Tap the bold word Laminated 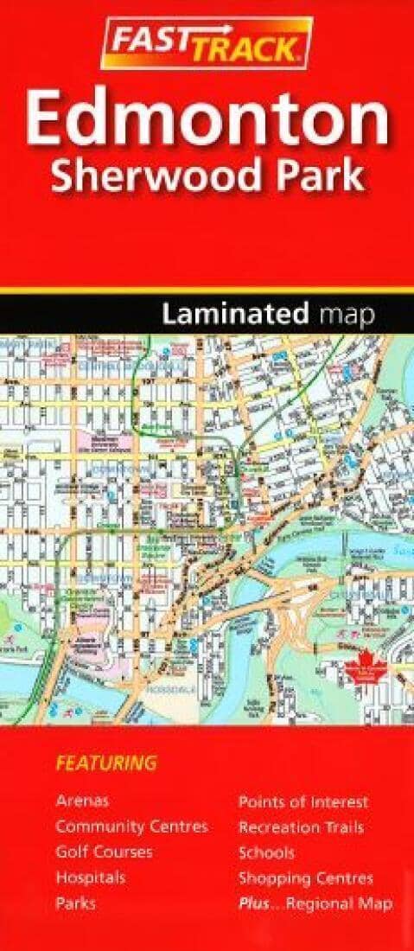tap(234, 316)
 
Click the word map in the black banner tap(346, 317)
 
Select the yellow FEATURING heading tap(106, 763)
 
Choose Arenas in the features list tap(82, 801)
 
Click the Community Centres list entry tap(131, 827)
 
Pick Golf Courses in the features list tap(104, 852)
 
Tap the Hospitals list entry tap(91, 878)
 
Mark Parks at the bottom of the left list tap(75, 903)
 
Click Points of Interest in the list tap(303, 801)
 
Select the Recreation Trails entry tap(301, 827)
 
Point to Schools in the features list tap(266, 852)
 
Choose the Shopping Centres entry tap(306, 878)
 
